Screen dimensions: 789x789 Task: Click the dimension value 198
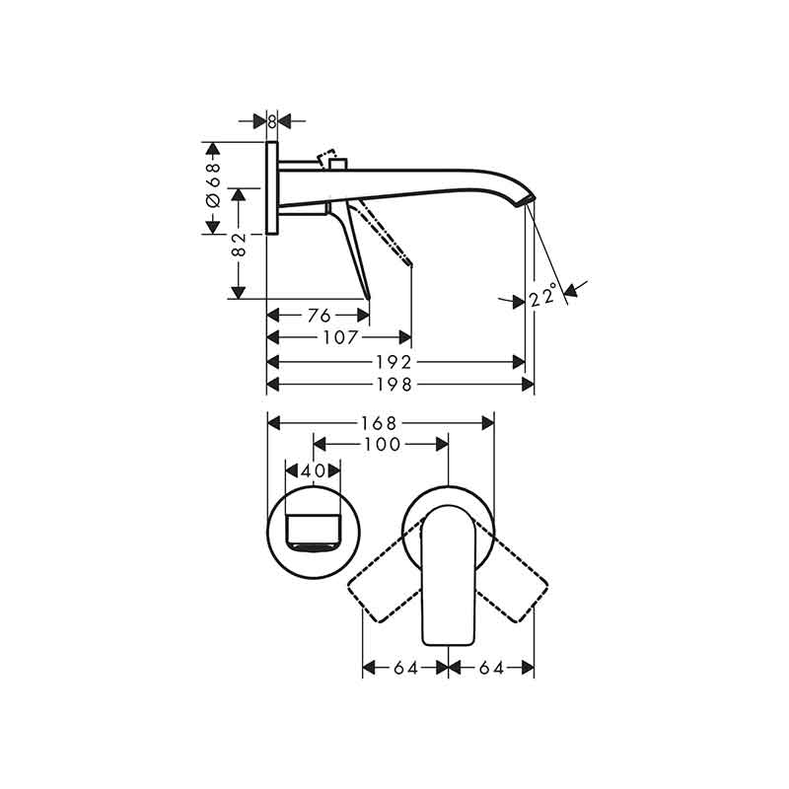pyautogui.click(x=394, y=385)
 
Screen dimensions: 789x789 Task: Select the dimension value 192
pyautogui.click(x=394, y=362)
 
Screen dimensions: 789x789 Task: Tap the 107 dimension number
pyautogui.click(x=340, y=337)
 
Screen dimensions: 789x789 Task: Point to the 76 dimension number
pyautogui.click(x=319, y=316)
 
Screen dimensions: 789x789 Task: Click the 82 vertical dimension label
pyautogui.click(x=239, y=244)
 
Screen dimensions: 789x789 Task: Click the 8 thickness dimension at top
pyautogui.click(x=272, y=121)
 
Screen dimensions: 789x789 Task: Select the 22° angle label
pyautogui.click(x=543, y=294)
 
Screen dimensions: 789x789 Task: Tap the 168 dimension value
pyautogui.click(x=379, y=423)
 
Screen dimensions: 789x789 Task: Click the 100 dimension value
pyautogui.click(x=383, y=445)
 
